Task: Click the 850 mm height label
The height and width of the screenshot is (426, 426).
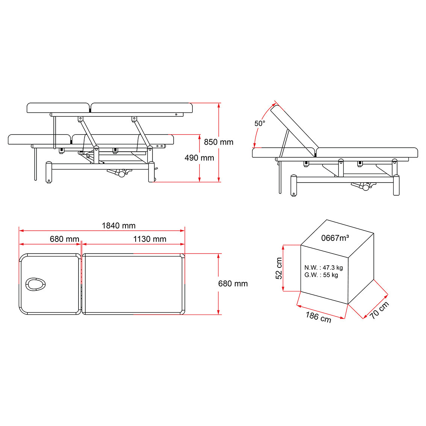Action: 218,142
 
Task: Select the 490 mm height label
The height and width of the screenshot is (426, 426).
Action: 199,158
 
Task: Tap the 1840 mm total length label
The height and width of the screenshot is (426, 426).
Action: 118,225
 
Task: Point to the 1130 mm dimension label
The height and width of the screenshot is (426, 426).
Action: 150,239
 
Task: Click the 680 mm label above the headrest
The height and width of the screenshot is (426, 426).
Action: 64,239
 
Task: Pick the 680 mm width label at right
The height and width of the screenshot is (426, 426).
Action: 233,284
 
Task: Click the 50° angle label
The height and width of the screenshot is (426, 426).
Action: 260,123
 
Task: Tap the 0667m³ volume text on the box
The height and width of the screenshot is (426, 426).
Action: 335,238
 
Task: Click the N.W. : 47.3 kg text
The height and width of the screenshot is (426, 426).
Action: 323,268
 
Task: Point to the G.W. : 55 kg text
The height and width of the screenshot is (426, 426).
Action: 321,275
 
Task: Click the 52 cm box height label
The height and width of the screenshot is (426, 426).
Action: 279,269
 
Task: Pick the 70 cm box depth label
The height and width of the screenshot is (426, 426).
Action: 379,310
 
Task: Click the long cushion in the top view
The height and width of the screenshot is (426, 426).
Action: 133,284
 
